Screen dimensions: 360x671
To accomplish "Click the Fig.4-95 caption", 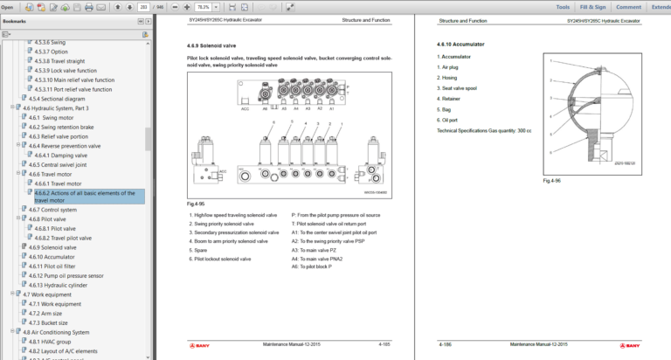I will (197, 204).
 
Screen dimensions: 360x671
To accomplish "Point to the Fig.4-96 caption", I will (551, 180).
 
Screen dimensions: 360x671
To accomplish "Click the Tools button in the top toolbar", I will (563, 7).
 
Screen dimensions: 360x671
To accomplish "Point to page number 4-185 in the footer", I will (384, 344).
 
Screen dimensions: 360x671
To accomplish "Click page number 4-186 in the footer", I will (446, 344).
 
